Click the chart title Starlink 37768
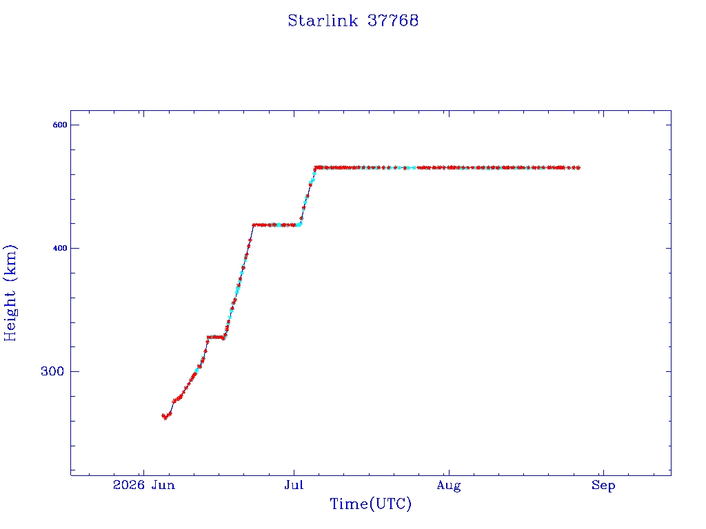pos(353,21)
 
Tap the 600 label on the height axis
pos(59,125)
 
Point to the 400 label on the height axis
pos(59,248)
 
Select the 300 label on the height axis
pos(52,371)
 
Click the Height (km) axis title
pos(10,293)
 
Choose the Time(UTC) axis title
pos(370,504)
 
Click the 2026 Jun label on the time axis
pos(143,485)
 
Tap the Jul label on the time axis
pos(294,485)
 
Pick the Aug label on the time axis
pos(449,486)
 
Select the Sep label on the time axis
pos(603,486)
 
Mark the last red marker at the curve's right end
pos(578,168)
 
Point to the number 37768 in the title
pos(393,21)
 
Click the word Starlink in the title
pos(323,21)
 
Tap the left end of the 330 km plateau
pos(208,337)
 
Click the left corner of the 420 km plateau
pos(254,225)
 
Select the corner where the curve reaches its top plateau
pos(316,168)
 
